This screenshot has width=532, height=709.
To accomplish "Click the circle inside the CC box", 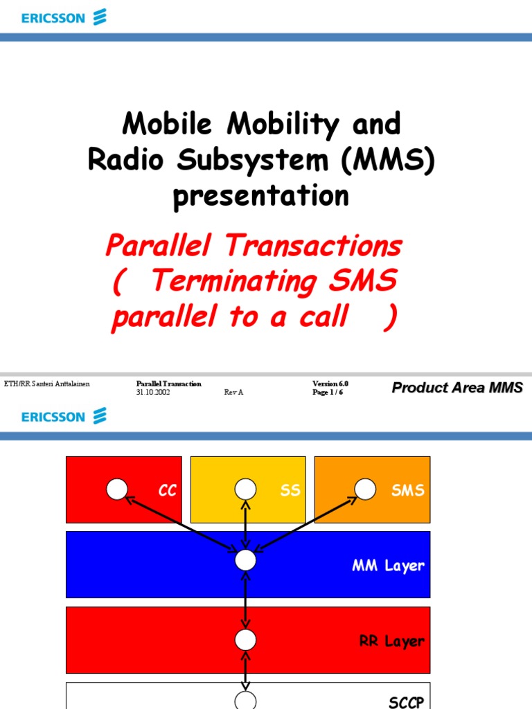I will coord(117,490).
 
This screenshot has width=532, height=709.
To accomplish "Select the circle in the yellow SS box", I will coord(245,490).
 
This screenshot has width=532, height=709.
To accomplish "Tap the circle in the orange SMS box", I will coord(366,490).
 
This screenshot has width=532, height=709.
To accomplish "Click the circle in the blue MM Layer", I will coord(245,560).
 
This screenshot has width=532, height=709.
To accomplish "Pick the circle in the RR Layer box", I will coord(245,639).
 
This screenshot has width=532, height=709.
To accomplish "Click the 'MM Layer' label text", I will coord(388,566).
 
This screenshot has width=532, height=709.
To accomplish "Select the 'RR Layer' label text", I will coord(391,641).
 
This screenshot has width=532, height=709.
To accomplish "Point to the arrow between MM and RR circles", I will coord(245,600).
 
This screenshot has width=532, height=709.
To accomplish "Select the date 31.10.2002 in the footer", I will coord(153,392).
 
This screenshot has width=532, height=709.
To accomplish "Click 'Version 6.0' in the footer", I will coord(330,384).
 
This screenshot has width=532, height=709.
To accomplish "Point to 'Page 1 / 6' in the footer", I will coord(328,392).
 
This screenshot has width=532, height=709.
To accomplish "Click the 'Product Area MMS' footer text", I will coord(457,388).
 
